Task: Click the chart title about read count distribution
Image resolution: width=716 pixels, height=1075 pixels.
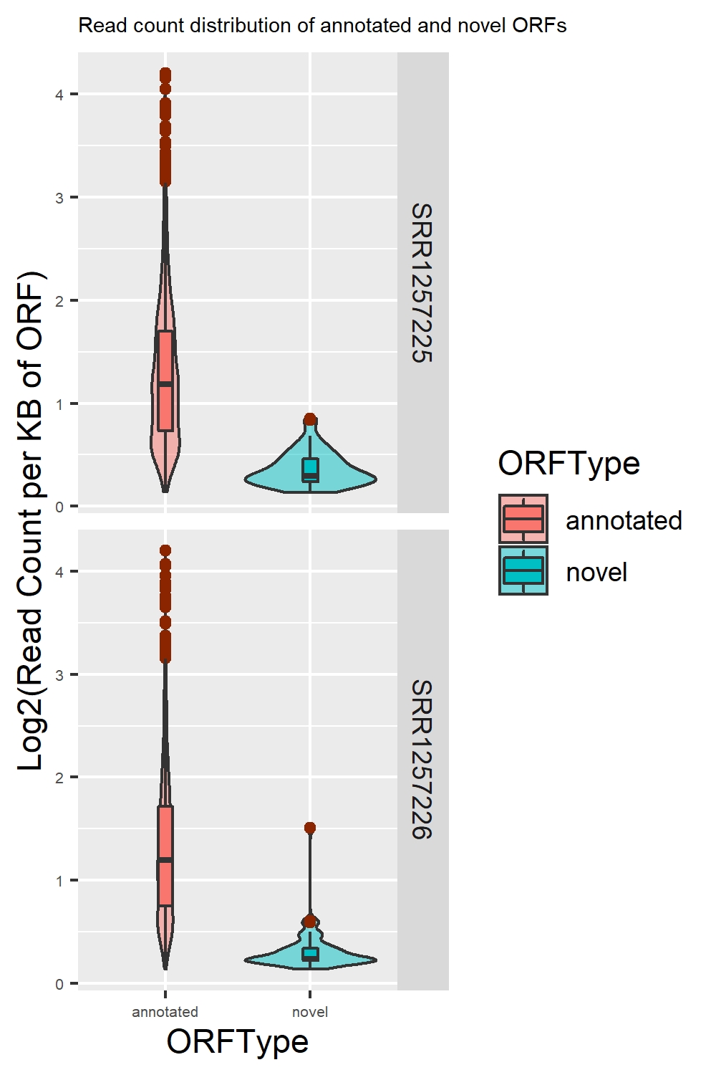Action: coord(322,26)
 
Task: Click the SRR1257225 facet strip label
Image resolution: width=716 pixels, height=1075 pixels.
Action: coord(422,282)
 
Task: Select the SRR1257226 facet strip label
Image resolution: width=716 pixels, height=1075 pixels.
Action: coord(422,760)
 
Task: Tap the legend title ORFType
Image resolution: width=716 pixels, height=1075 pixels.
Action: coord(569,464)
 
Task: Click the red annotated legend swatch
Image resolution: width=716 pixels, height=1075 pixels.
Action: coord(523,519)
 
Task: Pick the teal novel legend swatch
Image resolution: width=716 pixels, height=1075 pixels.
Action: coord(523,570)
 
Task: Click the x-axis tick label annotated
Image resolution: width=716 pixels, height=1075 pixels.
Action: coord(165,1012)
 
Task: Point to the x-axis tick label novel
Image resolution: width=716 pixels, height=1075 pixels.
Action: coord(310,1012)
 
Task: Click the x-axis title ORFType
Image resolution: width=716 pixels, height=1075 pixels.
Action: coord(237,1042)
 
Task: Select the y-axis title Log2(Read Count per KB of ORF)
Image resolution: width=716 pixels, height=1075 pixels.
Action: coord(30,521)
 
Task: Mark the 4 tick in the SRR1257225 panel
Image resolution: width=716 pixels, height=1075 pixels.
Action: coord(59,95)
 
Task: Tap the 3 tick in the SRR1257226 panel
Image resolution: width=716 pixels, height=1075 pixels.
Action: coord(59,675)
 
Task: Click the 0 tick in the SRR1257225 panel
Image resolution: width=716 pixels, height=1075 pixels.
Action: coord(59,507)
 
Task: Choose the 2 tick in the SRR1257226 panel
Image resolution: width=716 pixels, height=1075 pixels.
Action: coord(59,778)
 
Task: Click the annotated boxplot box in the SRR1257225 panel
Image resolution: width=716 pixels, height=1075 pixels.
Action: coord(165,381)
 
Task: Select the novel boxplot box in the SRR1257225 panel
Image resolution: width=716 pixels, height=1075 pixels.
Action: coord(310,469)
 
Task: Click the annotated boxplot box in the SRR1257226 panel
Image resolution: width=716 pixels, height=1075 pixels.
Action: coord(165,856)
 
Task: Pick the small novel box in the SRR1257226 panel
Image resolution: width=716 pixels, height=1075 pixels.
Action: coord(310,954)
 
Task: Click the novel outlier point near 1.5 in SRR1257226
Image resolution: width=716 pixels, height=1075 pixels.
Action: coord(310,828)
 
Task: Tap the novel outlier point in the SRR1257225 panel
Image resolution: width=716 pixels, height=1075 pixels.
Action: coord(310,419)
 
